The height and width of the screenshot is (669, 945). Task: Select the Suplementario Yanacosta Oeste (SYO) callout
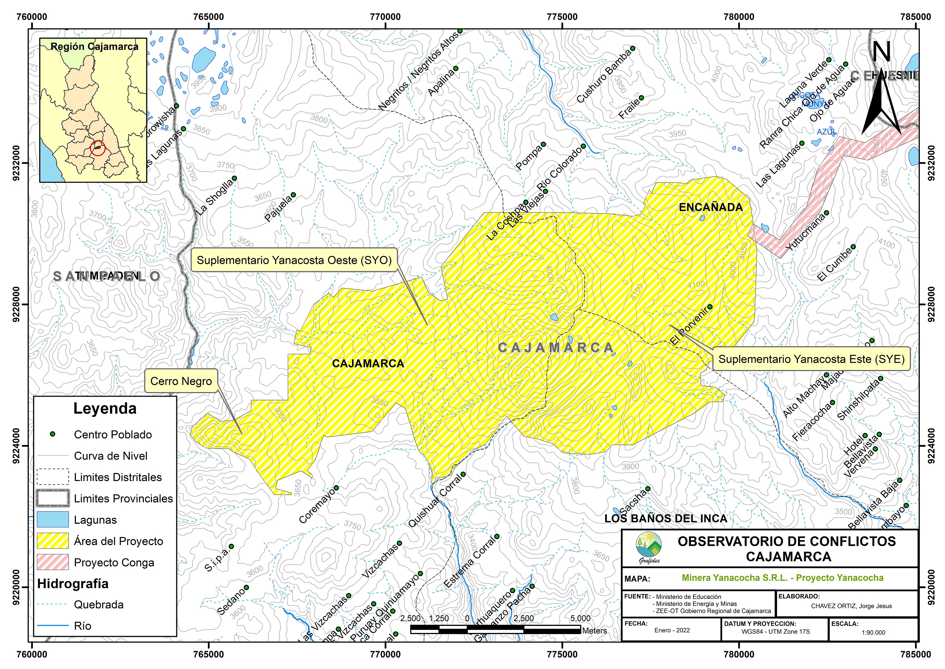294,260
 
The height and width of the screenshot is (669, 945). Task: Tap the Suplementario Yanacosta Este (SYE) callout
811,359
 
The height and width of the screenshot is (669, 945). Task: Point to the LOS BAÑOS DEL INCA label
665,518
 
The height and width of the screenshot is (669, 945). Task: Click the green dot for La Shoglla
234,179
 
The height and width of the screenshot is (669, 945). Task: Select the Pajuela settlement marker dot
293,195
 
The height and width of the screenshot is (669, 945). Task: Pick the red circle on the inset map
98,148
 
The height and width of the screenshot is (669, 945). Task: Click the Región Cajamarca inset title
94,47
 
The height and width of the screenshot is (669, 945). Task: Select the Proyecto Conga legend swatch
53,562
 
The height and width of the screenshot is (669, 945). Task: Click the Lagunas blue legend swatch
53,520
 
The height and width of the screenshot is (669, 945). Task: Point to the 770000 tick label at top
385,17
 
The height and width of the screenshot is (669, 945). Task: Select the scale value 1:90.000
873,633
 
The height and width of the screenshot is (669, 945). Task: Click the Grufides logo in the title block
649,547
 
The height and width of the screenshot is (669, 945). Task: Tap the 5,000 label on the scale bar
580,618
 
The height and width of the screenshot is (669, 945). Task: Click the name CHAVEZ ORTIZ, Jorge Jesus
851,606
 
